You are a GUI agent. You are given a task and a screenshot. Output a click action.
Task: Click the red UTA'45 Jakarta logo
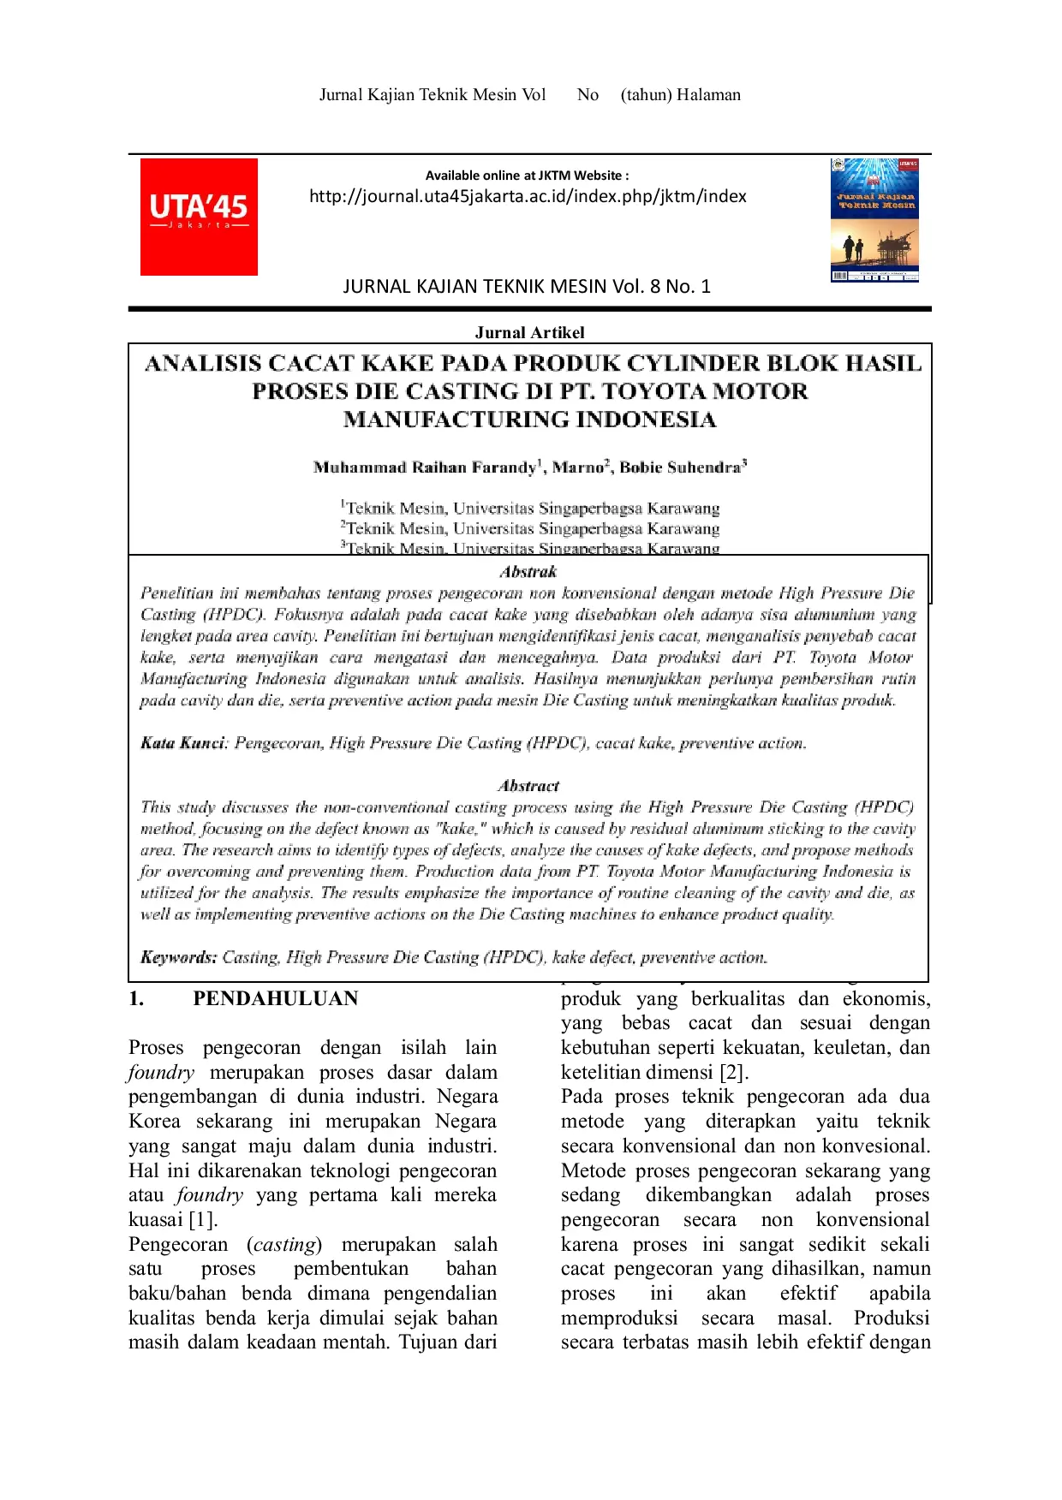[x=199, y=217]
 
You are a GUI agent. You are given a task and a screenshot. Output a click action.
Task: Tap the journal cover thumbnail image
[x=874, y=220]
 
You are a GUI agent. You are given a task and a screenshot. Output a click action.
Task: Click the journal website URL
[x=528, y=196]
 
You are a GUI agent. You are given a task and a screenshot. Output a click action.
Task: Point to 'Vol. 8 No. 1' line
[x=527, y=286]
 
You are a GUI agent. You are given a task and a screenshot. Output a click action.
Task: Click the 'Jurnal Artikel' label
[x=529, y=332]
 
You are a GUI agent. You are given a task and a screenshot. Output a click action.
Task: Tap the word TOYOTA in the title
[x=658, y=391]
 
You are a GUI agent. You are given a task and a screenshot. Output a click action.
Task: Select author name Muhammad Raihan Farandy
[x=425, y=467]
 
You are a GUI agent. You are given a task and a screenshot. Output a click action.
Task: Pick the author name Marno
[x=577, y=467]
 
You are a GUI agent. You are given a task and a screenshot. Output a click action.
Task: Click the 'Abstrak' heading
[x=528, y=572]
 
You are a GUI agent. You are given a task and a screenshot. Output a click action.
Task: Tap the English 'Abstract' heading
[x=528, y=786]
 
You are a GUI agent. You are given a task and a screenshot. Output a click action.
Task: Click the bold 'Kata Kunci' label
[x=182, y=743]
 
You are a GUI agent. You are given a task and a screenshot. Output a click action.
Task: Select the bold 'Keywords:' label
[x=178, y=957]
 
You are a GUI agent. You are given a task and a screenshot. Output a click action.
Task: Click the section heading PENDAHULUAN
[x=275, y=998]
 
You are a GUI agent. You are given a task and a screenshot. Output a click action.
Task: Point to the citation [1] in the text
[x=203, y=1220]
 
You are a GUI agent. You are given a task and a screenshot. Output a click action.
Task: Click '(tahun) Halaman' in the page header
[x=680, y=95]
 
